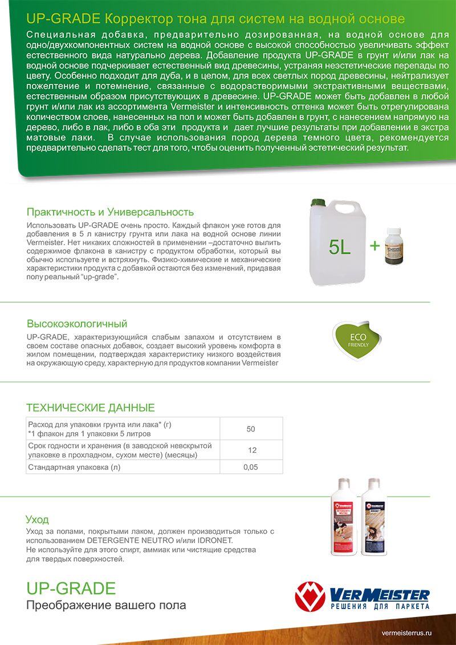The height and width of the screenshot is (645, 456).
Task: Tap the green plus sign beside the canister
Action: [x=374, y=246]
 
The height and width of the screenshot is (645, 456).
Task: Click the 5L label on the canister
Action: [x=341, y=247]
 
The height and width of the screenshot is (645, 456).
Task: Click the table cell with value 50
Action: [x=251, y=428]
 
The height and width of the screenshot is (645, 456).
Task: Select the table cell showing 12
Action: [x=251, y=450]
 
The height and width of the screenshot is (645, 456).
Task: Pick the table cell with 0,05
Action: [x=251, y=467]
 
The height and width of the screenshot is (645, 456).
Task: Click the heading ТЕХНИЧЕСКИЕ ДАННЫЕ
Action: [x=91, y=408]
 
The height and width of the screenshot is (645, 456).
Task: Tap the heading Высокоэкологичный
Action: [x=77, y=324]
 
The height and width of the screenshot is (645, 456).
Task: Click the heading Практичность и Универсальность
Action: [x=111, y=212]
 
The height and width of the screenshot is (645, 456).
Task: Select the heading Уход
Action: [x=38, y=520]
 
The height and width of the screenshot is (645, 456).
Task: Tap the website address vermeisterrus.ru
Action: [x=407, y=633]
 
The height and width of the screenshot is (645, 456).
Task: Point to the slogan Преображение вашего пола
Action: [x=106, y=605]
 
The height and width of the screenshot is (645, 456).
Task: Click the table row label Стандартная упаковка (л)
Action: [x=74, y=467]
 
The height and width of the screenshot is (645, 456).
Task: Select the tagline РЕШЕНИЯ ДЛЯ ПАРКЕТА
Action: [x=380, y=607]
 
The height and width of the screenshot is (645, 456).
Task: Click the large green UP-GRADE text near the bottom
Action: [x=71, y=588]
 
